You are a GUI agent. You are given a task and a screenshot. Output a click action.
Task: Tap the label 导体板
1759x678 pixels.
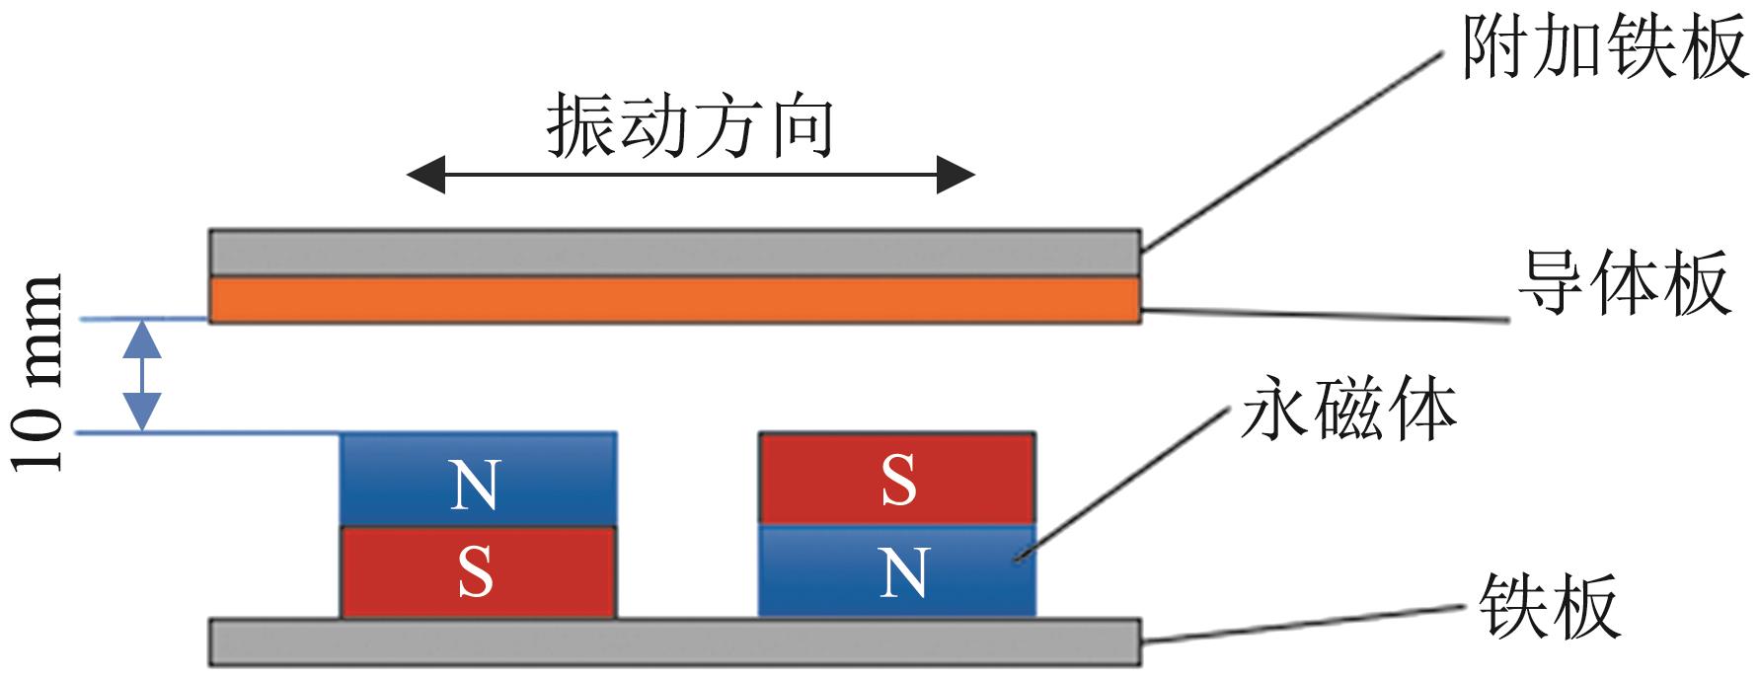coord(1624,283)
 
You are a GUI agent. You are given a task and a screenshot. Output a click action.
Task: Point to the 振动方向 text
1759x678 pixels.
coord(690,126)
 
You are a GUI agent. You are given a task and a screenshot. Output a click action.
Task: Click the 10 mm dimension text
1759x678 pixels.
coord(39,373)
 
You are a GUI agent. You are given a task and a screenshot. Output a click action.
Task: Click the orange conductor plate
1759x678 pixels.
coord(675,299)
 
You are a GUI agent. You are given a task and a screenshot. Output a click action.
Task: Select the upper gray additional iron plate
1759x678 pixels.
coord(675,252)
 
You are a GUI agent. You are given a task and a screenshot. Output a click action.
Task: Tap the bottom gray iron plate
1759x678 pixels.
coord(675,641)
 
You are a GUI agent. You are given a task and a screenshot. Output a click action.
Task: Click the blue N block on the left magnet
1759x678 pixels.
coord(478,480)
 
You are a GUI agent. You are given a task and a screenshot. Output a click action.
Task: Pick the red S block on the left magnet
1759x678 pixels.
coord(478,572)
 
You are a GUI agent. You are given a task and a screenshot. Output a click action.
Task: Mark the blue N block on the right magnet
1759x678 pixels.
coord(896,571)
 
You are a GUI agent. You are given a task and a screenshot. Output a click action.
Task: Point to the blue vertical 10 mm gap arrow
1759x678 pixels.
coord(144,375)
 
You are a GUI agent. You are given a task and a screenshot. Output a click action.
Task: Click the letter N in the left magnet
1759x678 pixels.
coord(475,487)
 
